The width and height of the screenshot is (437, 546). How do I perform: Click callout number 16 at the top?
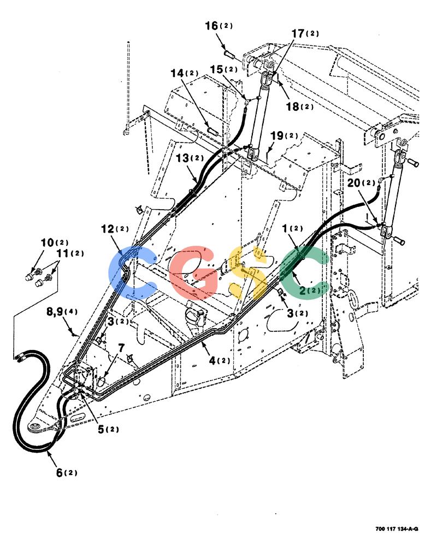211,26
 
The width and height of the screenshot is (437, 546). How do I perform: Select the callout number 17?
298,33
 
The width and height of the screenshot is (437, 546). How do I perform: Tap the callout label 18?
293,106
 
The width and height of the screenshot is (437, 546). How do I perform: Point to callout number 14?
177,73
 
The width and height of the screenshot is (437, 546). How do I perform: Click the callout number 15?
216,69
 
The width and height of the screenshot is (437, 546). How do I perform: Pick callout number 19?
277,135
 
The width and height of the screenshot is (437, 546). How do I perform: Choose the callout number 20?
354,182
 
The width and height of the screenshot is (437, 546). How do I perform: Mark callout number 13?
182,158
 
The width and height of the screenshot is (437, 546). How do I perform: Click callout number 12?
108,229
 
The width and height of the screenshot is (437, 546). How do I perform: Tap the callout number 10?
48,242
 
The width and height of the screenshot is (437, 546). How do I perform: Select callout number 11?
63,253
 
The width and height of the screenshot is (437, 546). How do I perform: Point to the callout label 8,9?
55,311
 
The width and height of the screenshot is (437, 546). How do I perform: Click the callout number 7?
121,347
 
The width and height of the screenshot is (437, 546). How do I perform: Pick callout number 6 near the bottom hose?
60,472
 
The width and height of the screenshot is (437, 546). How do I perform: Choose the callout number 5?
101,429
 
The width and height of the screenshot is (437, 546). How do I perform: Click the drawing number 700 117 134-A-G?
397,529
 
